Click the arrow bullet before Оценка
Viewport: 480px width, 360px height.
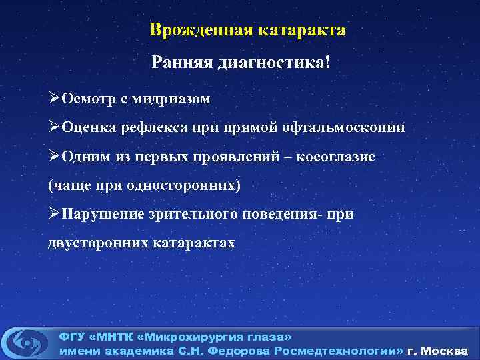click(x=54, y=127)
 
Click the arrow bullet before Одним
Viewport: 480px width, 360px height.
click(x=54, y=156)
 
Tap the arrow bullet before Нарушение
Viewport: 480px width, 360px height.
click(x=54, y=213)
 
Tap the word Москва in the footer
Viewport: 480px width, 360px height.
click(x=447, y=351)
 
